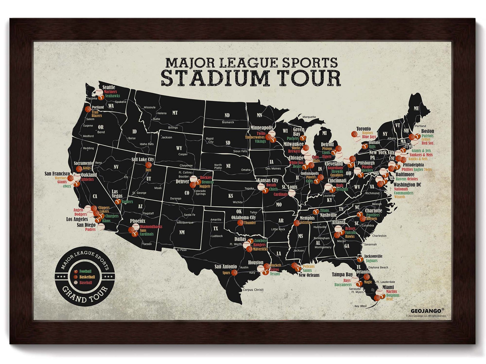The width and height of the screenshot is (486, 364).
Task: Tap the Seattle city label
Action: (109, 87)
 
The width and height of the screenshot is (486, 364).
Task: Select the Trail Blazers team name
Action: (96, 114)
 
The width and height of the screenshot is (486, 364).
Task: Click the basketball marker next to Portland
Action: (88, 109)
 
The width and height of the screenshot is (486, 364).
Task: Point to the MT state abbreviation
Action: (175, 113)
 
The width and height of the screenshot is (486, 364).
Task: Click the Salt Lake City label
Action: (143, 159)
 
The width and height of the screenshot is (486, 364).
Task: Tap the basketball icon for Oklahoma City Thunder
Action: (240, 223)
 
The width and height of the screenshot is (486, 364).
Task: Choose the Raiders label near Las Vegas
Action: (127, 202)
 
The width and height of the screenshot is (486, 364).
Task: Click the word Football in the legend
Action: (85, 271)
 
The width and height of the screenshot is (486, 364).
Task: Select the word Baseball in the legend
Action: (86, 283)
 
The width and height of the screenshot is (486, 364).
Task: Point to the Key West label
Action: (360, 306)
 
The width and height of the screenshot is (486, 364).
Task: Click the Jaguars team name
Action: (372, 261)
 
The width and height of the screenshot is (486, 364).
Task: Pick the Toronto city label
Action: (363, 129)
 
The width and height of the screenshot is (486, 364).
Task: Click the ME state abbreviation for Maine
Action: (416, 108)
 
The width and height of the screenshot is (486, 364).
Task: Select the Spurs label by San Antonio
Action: (226, 273)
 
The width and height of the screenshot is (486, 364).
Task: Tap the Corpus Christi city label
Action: (253, 290)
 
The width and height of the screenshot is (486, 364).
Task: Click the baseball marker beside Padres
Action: (101, 227)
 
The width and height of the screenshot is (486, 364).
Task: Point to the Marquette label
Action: (309, 117)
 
